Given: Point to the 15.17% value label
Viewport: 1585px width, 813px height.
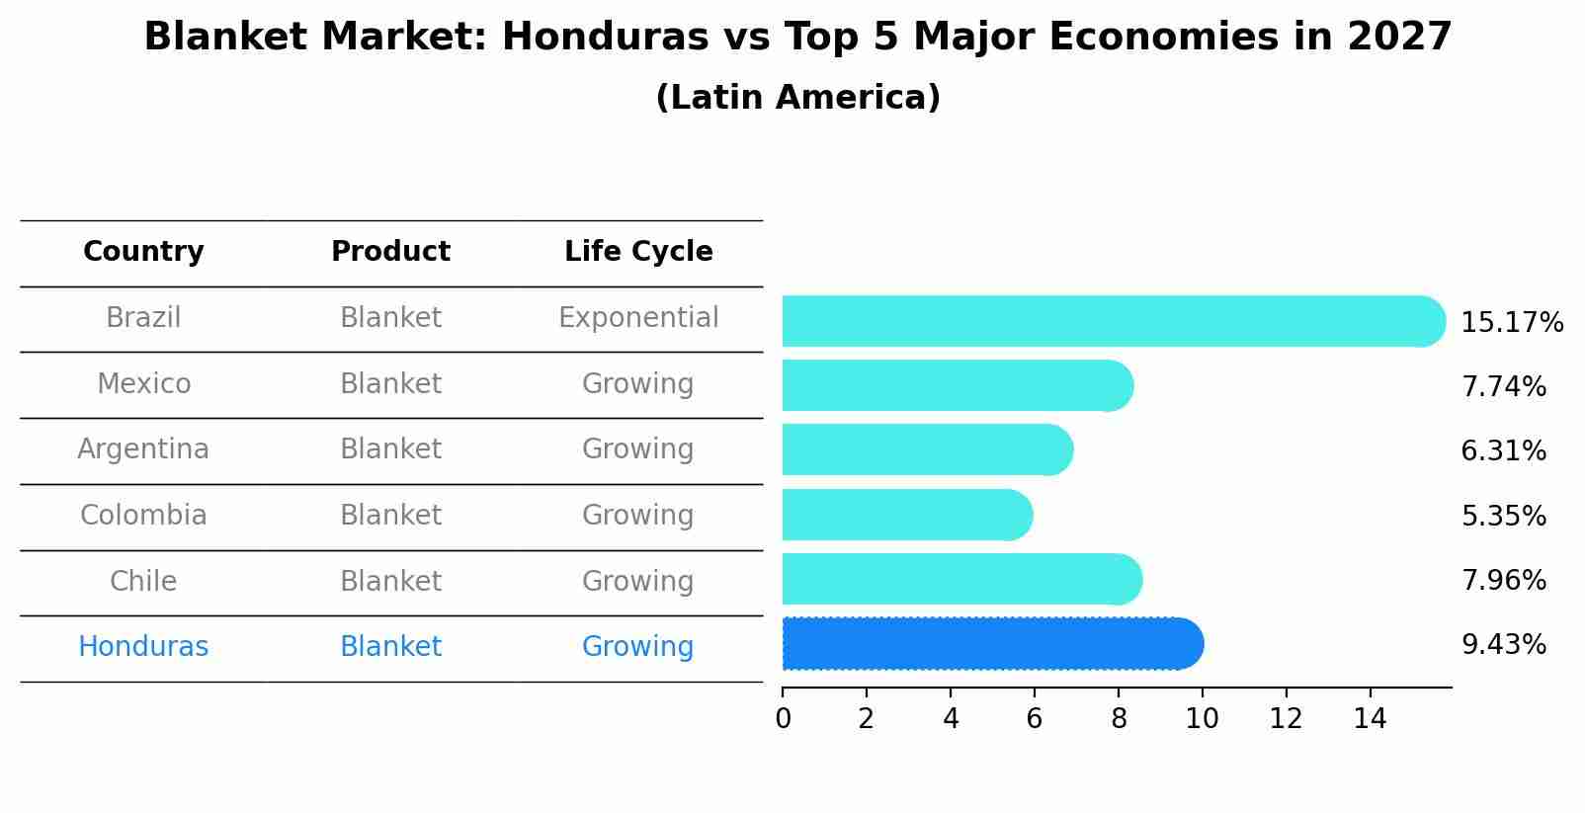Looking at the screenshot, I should click(1511, 323).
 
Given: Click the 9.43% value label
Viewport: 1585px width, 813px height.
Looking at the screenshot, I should click(1503, 645).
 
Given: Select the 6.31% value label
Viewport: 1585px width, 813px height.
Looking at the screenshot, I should click(1503, 451).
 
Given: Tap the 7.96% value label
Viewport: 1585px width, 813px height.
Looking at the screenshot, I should click(1503, 580).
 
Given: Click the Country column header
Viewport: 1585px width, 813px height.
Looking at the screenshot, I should click(143, 252).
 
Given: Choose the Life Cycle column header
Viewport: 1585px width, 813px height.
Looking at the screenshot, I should click(638, 252).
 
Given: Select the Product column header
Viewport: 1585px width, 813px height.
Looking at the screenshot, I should click(390, 252).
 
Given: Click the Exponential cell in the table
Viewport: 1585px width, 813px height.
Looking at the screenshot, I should click(638, 318).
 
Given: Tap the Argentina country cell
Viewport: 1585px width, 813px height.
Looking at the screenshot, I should click(143, 449).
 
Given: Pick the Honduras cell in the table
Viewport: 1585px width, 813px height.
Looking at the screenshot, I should click(143, 647).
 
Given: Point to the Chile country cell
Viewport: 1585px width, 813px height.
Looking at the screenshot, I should click(143, 581).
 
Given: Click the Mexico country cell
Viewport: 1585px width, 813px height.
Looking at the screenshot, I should click(143, 383).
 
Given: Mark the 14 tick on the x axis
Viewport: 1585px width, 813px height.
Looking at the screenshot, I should click(1370, 718).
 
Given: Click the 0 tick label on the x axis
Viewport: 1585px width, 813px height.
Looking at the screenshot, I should click(783, 718).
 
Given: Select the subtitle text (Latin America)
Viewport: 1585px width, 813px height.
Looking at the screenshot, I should click(797, 98).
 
